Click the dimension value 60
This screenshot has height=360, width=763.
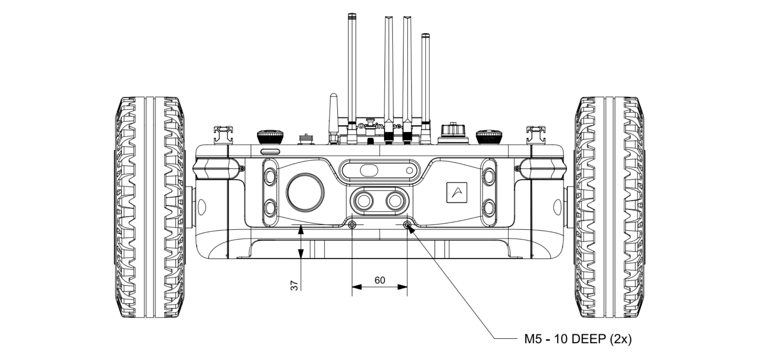tap(380, 280)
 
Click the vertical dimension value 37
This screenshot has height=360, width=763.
tap(294, 286)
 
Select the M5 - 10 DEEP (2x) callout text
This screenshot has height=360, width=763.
tap(578, 339)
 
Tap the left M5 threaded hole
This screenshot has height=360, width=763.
tap(352, 225)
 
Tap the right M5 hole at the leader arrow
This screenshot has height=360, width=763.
tap(407, 225)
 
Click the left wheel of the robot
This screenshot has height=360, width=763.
tap(150, 207)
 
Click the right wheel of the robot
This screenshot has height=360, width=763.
tap(609, 207)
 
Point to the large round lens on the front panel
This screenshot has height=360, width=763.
tap(305, 192)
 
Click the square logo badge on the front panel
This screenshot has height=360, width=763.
tap(457, 192)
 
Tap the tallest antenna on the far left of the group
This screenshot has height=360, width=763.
tap(352, 69)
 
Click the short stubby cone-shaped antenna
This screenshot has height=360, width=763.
tap(334, 115)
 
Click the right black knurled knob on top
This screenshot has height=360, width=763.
tap(489, 136)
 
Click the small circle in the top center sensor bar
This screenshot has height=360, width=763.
tap(410, 171)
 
